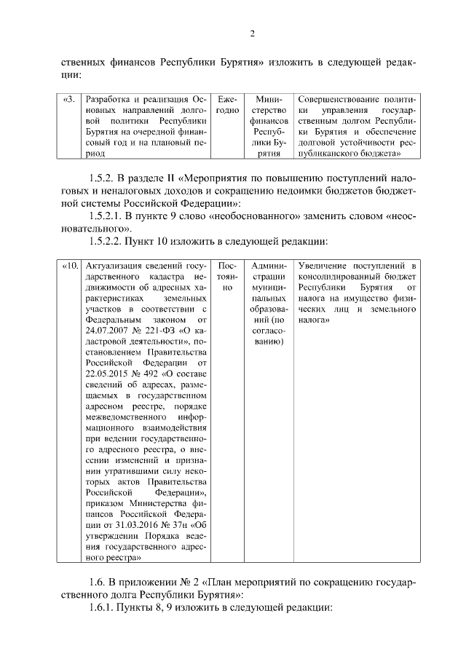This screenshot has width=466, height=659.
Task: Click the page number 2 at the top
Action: (251, 33)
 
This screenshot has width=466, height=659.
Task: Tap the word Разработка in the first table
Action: (109, 99)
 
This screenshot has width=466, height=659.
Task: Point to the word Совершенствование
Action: (339, 99)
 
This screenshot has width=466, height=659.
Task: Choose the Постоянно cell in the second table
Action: (226, 272)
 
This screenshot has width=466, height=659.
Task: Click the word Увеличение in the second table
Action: (329, 267)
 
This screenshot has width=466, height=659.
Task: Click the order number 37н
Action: (190, 525)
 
